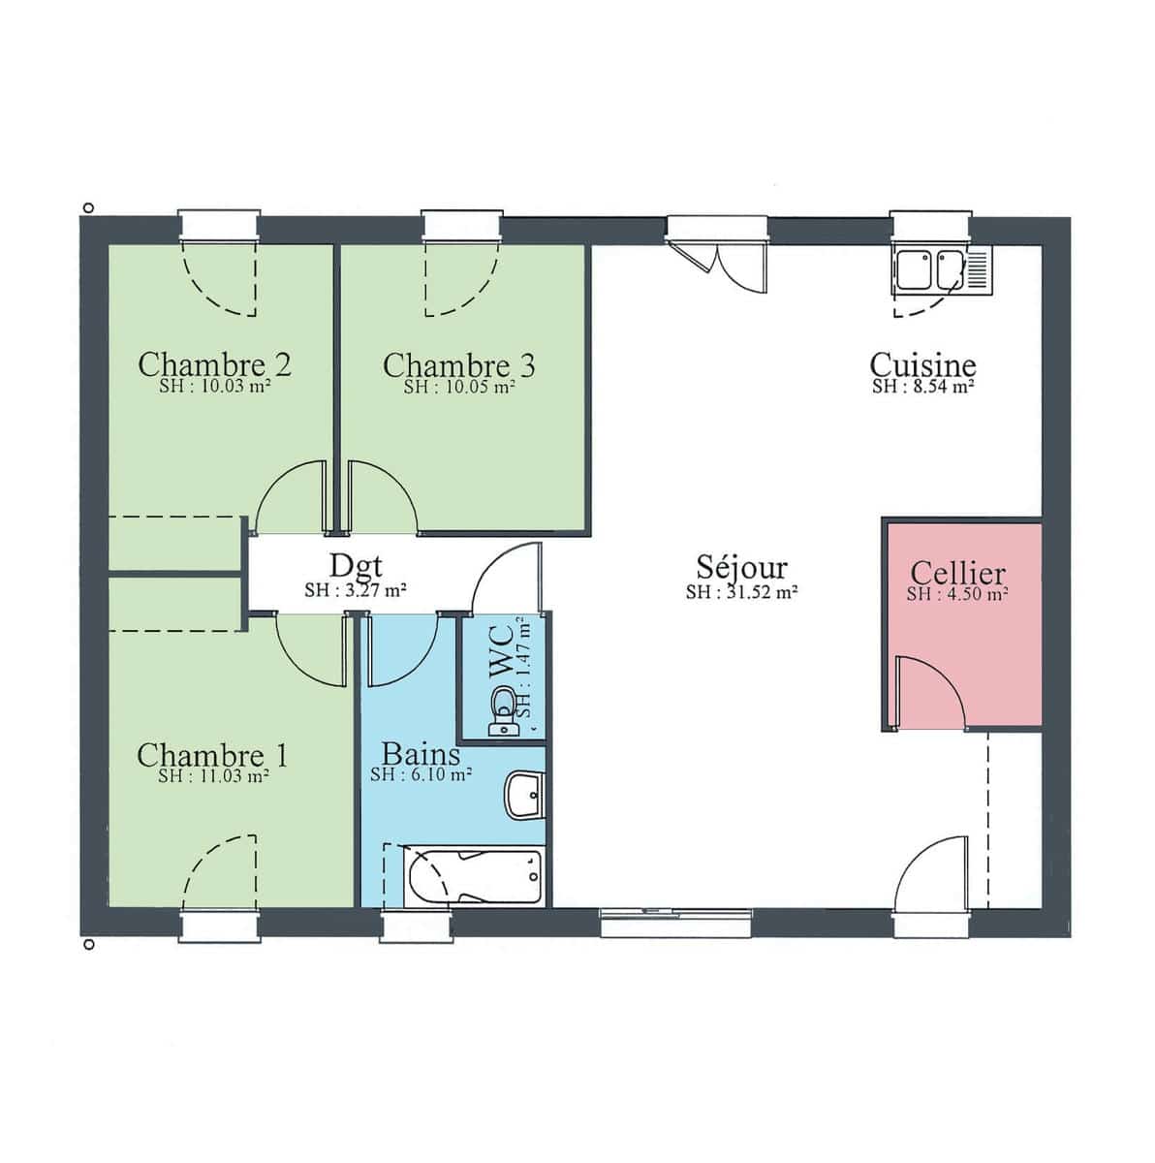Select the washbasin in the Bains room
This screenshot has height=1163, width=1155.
525,795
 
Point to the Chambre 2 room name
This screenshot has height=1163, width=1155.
214,364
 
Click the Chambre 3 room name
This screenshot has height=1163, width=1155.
458,365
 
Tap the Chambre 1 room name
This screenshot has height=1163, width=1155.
212,754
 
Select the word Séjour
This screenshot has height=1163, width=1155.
741,567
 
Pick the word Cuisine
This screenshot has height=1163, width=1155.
922,364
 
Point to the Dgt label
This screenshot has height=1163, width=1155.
356,566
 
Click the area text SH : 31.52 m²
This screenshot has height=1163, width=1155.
741,592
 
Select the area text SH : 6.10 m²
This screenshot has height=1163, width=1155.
421,774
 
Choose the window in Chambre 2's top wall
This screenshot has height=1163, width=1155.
219,225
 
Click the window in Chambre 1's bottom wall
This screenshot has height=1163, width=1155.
219,926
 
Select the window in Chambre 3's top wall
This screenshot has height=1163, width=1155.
461,225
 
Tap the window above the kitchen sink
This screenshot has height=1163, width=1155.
931,227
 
